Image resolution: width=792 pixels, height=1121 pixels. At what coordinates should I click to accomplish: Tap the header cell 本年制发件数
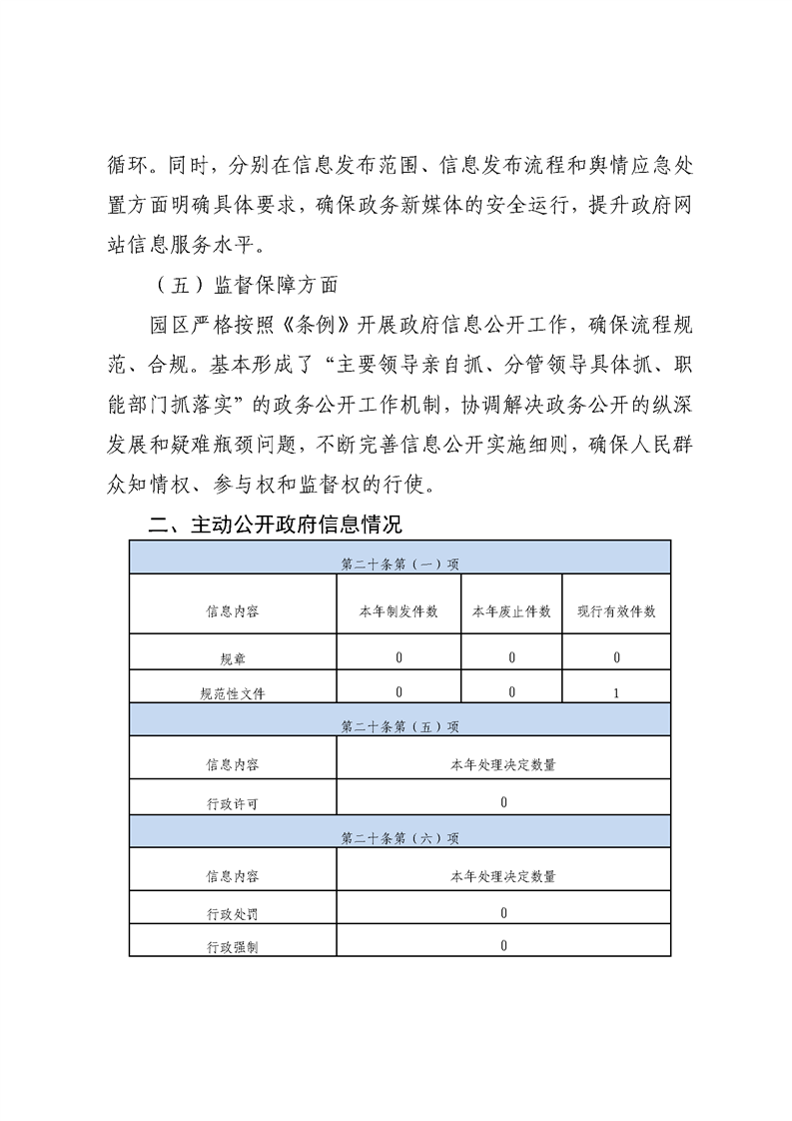click(398, 611)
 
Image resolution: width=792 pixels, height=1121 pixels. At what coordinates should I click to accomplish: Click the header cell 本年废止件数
click(511, 611)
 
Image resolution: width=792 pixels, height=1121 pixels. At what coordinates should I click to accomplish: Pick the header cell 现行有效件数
click(616, 611)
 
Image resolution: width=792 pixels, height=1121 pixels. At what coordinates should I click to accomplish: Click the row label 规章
click(233, 658)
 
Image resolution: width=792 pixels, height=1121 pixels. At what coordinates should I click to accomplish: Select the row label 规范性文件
click(233, 692)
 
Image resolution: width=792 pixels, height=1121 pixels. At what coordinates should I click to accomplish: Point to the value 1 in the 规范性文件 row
click(616, 692)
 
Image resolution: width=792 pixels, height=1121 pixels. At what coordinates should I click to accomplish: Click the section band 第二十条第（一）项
click(399, 563)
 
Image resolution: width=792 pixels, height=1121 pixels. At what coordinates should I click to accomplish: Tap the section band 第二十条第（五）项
click(399, 726)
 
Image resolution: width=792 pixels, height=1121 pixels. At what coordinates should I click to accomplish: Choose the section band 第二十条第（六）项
click(399, 838)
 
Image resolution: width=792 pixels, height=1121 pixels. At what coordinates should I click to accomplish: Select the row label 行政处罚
click(233, 913)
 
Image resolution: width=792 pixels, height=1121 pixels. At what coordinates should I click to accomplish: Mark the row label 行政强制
click(233, 946)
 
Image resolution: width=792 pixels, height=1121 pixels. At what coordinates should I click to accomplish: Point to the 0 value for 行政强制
click(503, 945)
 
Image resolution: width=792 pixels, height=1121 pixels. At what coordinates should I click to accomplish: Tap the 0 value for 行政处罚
click(503, 912)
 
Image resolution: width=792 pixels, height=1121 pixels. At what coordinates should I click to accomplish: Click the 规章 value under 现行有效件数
click(616, 657)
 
